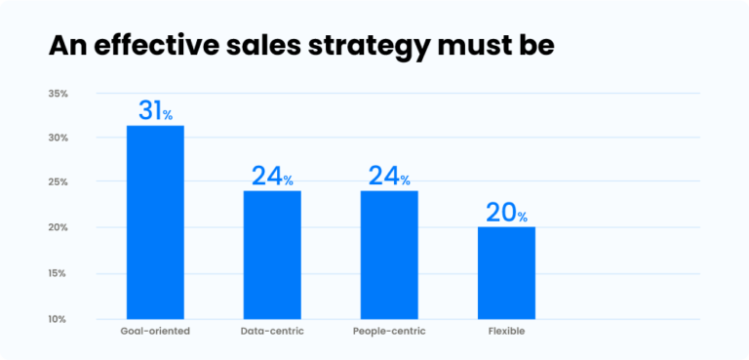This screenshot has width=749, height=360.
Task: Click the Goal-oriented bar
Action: [155, 222]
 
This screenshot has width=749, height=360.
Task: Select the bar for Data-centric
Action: [272, 255]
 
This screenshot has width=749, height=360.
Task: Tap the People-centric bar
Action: [389, 255]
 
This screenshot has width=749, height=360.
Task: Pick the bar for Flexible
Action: [506, 272]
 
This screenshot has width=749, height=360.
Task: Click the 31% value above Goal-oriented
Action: [155, 111]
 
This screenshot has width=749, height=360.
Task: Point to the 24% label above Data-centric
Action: [272, 177]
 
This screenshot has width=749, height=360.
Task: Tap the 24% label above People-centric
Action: [389, 177]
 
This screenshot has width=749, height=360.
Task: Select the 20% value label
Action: [506, 213]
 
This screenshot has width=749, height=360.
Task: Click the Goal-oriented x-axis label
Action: [155, 332]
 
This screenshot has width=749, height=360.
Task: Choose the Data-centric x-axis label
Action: [272, 332]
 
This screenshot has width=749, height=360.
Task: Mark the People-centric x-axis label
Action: [389, 332]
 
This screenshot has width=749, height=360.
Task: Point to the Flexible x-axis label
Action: [506, 332]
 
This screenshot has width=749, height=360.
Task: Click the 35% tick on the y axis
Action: [57, 94]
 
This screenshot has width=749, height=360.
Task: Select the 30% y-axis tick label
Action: [57, 139]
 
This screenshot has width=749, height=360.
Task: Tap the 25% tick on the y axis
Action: [57, 183]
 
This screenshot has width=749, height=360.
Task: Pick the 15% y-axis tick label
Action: [57, 273]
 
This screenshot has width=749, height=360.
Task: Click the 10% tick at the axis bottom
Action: [57, 319]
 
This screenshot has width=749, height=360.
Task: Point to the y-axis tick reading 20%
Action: [57, 228]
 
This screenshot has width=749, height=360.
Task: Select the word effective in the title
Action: [146, 45]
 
